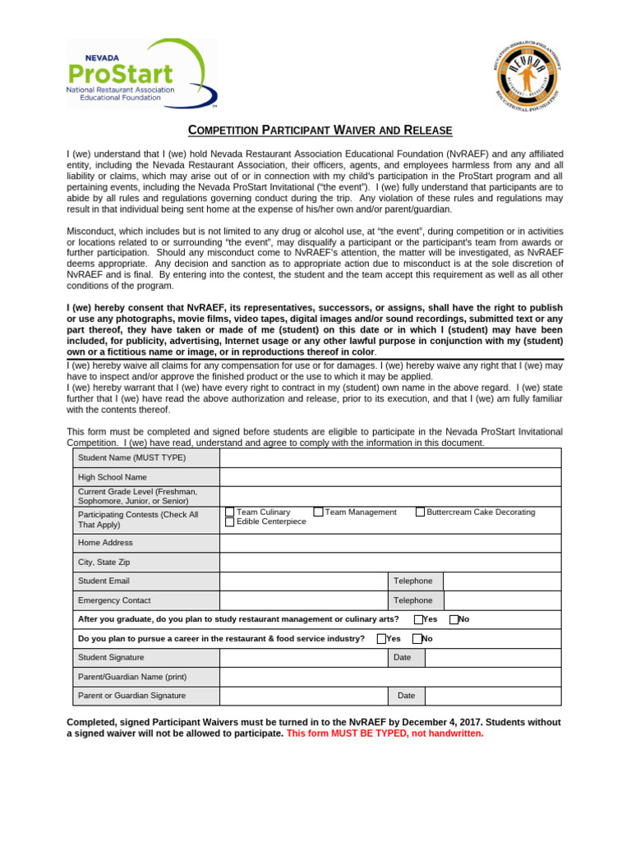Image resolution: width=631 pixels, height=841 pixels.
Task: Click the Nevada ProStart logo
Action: (140, 74)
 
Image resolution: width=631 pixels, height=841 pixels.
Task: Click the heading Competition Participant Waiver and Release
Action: (320, 131)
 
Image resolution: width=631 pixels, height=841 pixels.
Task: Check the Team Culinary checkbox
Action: (230, 512)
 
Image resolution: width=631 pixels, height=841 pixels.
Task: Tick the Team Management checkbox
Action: (319, 512)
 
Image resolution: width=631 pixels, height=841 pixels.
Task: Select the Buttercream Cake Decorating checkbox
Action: (421, 512)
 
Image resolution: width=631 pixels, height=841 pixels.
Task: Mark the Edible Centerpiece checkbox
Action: (230, 522)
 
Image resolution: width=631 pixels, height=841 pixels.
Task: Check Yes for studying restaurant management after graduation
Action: (419, 619)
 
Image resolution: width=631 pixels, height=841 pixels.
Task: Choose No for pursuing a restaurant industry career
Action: (417, 638)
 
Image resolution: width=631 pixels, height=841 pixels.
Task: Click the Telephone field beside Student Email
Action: (502, 581)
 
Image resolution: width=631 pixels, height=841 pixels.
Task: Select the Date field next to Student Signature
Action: (493, 657)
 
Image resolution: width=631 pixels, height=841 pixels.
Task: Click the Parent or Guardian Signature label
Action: (131, 696)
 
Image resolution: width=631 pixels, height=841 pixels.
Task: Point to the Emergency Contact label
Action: (114, 600)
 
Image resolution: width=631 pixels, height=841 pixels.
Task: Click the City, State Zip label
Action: (104, 563)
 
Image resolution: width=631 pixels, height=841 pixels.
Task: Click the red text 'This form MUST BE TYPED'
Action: (385, 733)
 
